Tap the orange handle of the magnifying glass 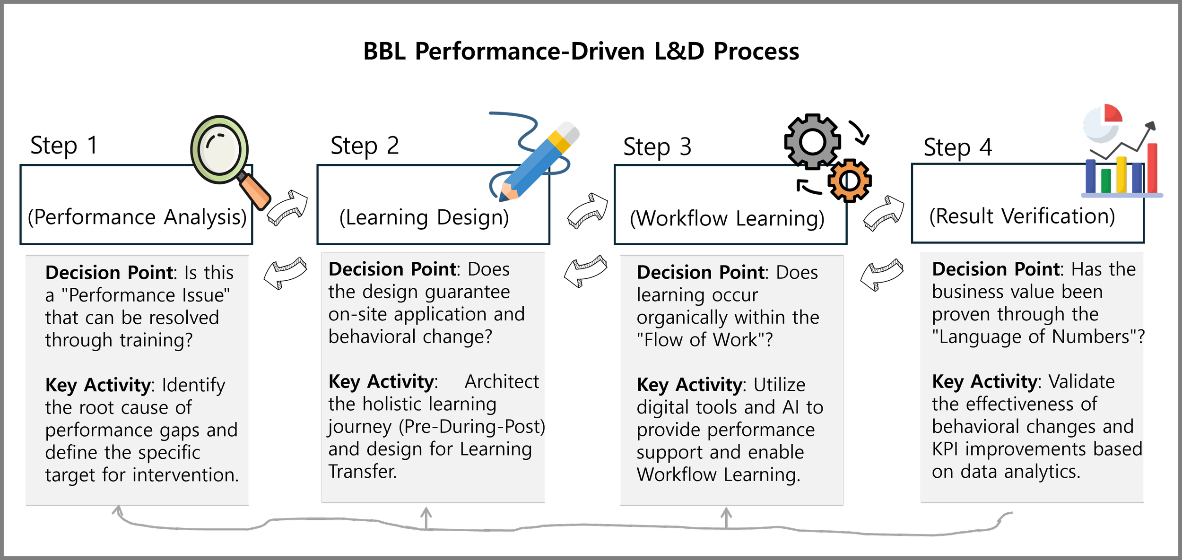255,193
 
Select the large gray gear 812,141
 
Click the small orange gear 849,181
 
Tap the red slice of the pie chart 1112,114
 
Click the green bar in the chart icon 1106,181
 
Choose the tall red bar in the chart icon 1152,168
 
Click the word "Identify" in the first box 193,385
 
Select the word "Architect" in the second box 502,382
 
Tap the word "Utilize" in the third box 779,385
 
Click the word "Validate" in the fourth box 1081,381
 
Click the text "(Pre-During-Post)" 472,427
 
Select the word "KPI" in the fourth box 945,449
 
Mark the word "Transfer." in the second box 363,472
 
